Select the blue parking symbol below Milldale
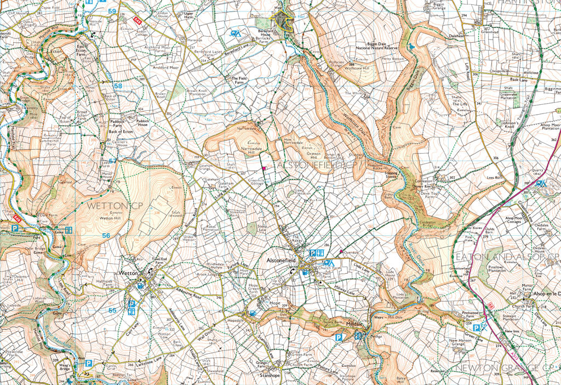click(340, 339)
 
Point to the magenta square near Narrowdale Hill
click(264, 167)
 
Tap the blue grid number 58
click(118, 86)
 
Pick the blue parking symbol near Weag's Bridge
click(88, 363)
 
